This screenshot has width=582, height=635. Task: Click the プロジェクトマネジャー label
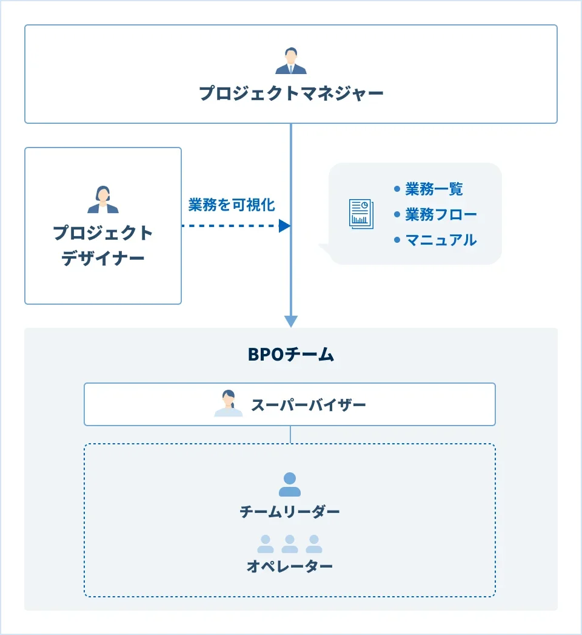pos(291,93)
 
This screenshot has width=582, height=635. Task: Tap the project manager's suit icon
pos(291,61)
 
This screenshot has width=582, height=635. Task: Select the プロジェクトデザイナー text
pos(103,246)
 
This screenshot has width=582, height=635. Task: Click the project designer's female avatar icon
pos(103,200)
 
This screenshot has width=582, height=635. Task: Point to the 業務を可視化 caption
pos(232,205)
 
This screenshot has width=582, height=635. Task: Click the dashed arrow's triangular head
pos(284,226)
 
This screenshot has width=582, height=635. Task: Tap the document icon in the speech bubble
pos(361,214)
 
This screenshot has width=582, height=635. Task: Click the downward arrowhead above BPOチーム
pos(291,321)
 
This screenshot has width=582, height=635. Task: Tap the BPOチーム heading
pos(291,355)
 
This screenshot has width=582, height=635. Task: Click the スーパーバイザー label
pos(309,404)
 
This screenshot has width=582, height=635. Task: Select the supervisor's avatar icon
pos(229,404)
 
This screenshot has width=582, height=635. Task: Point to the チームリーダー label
pos(290,512)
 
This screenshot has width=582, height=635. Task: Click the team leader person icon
pos(290,484)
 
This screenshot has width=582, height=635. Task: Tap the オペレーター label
pos(290,567)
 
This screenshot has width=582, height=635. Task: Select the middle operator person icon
pos(290,544)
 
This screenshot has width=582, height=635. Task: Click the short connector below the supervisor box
pos(290,435)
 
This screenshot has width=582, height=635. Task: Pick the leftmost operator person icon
pos(266,544)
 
